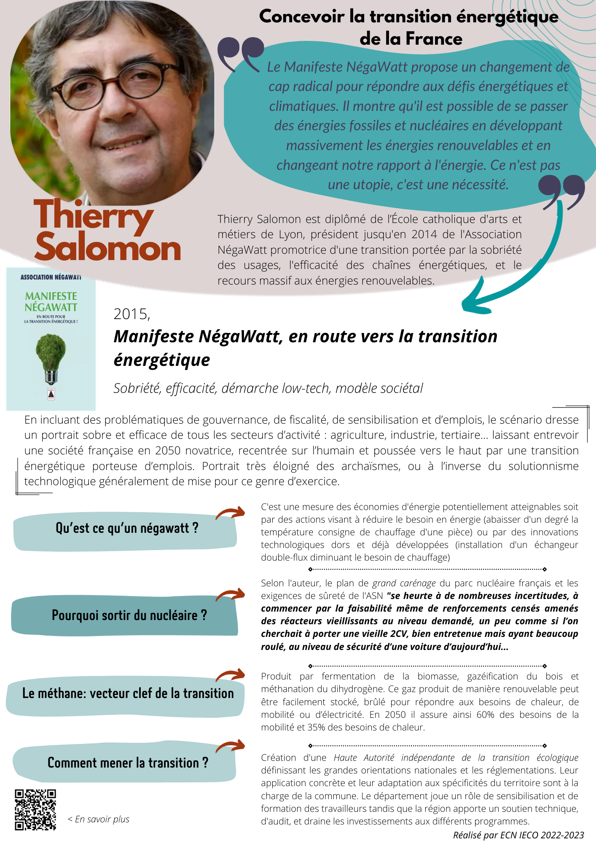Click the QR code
click(x=35, y=810)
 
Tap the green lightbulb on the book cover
click(x=51, y=352)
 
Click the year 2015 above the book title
click(x=132, y=314)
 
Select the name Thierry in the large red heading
click(x=94, y=217)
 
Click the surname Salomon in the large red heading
click(x=108, y=248)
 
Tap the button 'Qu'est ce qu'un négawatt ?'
click(x=126, y=529)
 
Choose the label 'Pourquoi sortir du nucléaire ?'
click(x=129, y=615)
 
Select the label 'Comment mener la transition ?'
click(x=128, y=763)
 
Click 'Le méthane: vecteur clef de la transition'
click(x=128, y=693)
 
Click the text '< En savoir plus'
click(x=98, y=819)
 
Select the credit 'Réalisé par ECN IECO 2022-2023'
click(x=518, y=835)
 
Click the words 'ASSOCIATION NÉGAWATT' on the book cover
click(x=51, y=277)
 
